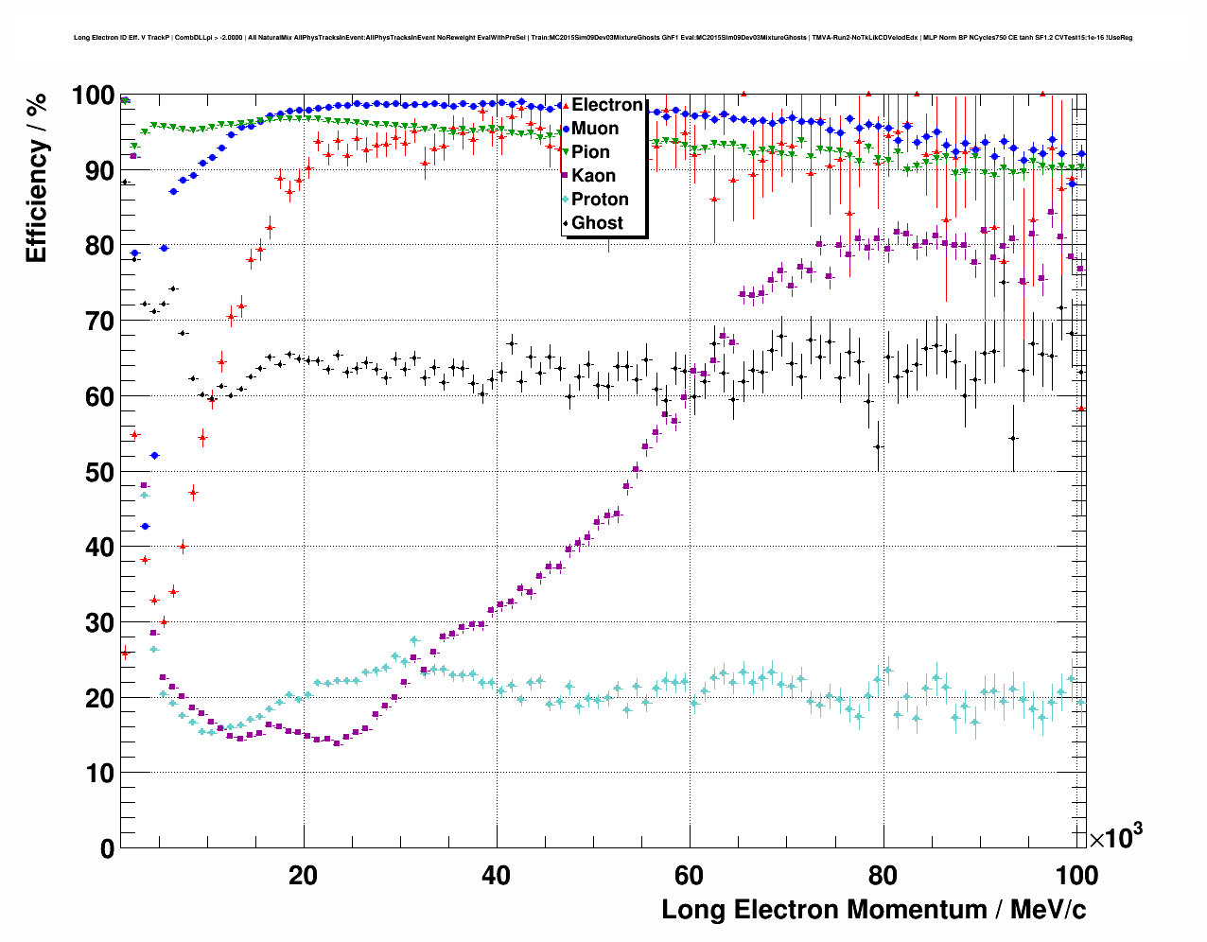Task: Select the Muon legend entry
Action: tap(595, 129)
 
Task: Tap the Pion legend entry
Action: tap(590, 152)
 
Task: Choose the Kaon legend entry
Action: tap(593, 176)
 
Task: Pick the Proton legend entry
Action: tap(600, 200)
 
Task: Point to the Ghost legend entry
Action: tap(597, 223)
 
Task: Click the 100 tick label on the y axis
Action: tap(94, 96)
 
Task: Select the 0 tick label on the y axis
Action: tap(107, 848)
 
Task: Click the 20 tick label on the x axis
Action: tap(304, 875)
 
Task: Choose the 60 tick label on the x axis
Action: tap(690, 875)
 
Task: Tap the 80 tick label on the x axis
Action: tap(883, 875)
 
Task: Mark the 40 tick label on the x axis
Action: tap(497, 875)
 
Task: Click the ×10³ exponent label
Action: tap(1115, 837)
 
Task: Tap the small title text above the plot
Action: tap(603, 38)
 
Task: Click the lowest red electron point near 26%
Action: tap(125, 653)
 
